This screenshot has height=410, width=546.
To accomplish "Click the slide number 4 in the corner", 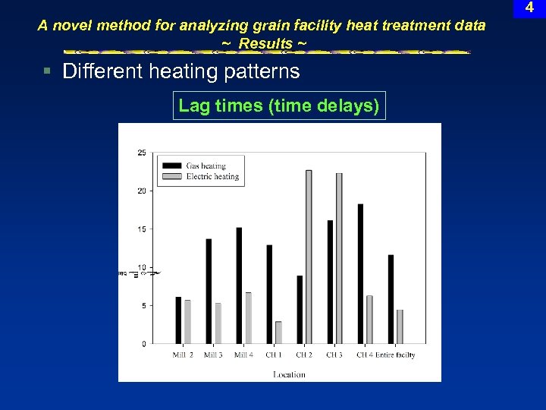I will (529, 8).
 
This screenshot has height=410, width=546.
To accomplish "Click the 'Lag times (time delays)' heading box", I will (278, 106).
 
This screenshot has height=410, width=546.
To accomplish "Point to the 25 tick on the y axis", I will (142, 153).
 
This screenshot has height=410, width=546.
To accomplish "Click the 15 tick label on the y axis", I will (142, 229).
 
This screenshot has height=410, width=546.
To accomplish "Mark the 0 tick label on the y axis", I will (144, 344).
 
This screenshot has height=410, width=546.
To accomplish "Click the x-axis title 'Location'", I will (289, 374).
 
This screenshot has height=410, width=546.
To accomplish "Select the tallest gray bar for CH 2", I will (309, 257).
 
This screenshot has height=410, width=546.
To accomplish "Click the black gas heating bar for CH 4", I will (360, 273).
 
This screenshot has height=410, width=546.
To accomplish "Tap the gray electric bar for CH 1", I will (278, 333).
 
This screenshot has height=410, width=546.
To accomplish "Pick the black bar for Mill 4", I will (239, 285).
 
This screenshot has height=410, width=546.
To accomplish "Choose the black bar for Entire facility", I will (391, 299).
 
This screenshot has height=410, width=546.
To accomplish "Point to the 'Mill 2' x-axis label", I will (183, 355).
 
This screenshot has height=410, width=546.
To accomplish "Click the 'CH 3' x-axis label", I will (334, 355).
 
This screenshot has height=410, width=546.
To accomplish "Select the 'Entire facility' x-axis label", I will (394, 355).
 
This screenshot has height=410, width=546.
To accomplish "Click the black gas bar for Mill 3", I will (209, 292).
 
